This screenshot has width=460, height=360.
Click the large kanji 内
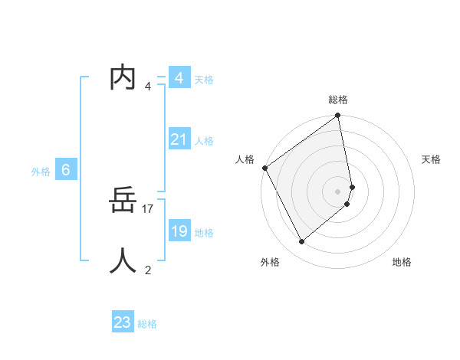(x=123, y=77)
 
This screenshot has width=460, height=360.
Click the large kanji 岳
(x=123, y=201)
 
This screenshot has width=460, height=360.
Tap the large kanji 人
(x=123, y=260)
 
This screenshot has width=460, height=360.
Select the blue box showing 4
(x=179, y=78)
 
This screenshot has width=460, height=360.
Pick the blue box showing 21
(x=179, y=139)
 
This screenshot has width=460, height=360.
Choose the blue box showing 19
(x=179, y=231)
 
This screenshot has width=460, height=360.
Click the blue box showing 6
(x=66, y=170)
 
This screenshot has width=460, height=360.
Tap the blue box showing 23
(x=123, y=322)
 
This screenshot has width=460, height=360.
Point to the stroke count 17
(x=149, y=208)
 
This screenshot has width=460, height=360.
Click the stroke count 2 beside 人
(x=148, y=270)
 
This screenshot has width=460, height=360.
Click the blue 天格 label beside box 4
(x=204, y=80)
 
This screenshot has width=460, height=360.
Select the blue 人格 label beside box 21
(x=204, y=141)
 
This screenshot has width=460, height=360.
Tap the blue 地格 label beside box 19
(x=204, y=233)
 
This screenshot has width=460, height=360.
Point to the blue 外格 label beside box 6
(x=41, y=172)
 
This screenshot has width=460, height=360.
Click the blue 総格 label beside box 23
(x=147, y=324)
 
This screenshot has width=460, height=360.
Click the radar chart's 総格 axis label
(x=338, y=100)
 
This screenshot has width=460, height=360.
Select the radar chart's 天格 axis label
(x=432, y=159)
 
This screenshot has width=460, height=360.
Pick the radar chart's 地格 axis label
(x=402, y=262)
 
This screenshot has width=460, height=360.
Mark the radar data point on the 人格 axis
(x=264, y=168)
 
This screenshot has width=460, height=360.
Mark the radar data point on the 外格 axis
(x=301, y=242)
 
